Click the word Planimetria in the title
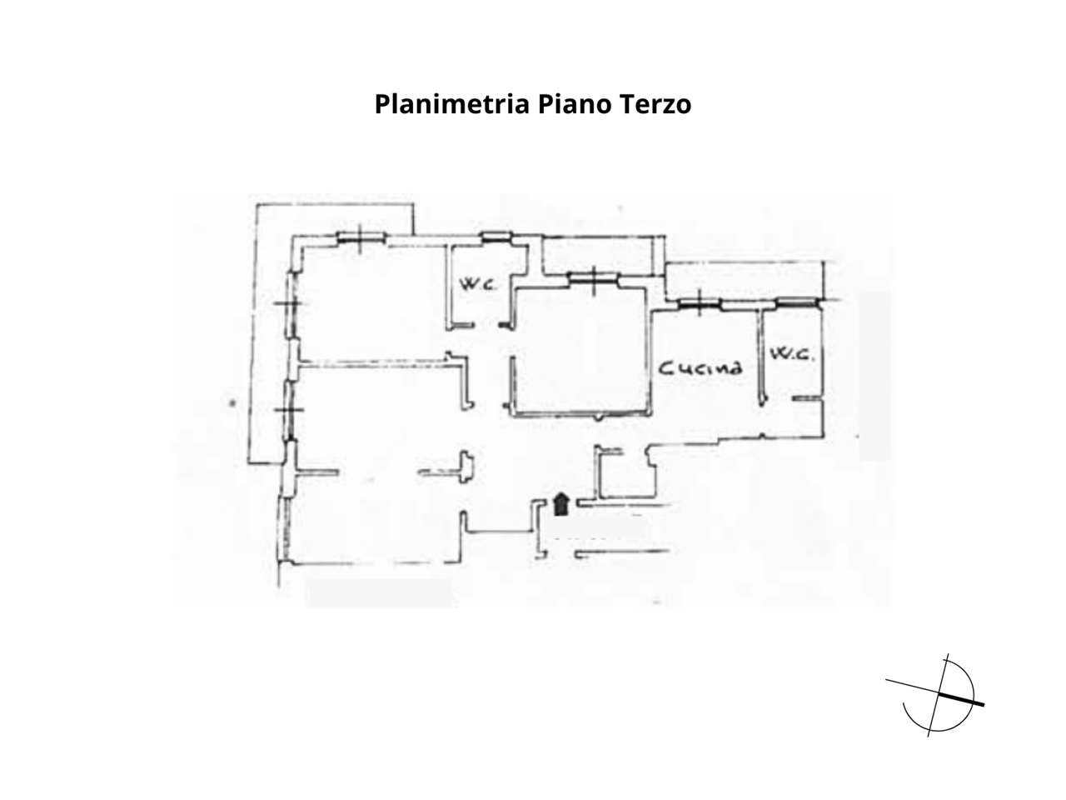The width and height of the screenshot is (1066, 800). pos(451,104)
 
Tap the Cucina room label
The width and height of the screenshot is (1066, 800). pos(700,368)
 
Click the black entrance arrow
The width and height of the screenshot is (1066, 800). pos(561,503)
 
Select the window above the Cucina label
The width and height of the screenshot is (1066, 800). pos(699,303)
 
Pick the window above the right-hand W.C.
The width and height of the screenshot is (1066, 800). pos(795,302)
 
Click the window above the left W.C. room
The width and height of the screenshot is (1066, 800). pos(496,237)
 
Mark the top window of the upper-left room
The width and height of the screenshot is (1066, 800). pos(361,237)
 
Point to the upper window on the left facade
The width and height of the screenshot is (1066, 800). pos(290,303)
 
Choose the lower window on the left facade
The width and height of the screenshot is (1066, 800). pos(290,410)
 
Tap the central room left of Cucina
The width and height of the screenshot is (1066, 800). pos(581,350)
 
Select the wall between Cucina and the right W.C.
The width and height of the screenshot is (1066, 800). pos(761,357)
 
